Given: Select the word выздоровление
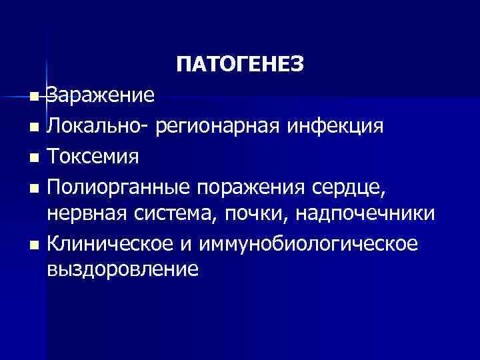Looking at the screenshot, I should [x=123, y=269].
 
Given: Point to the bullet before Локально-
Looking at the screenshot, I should [x=34, y=127].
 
